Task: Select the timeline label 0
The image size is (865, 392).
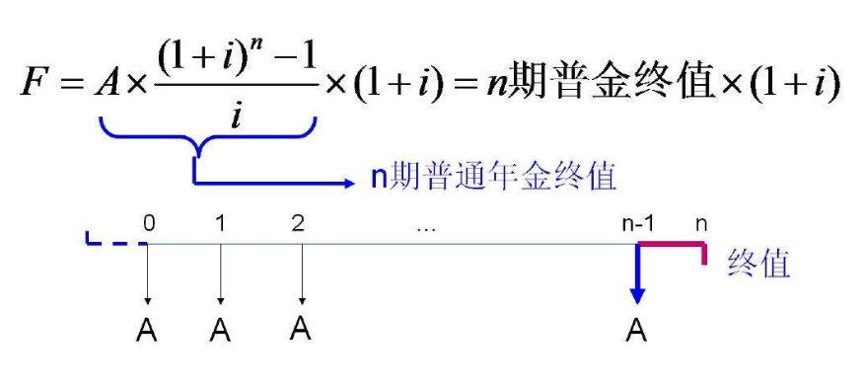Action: point(149,223)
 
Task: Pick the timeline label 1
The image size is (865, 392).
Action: point(220,223)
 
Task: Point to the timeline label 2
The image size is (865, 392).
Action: point(298,223)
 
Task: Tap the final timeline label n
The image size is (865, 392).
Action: point(701,223)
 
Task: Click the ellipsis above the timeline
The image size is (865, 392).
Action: point(426,227)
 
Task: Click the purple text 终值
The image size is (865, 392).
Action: point(758,263)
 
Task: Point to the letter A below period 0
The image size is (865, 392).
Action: point(147,332)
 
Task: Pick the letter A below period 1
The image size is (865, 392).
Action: point(221,332)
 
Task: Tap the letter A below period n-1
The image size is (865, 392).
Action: point(637,332)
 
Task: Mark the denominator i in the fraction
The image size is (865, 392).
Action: point(236,116)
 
